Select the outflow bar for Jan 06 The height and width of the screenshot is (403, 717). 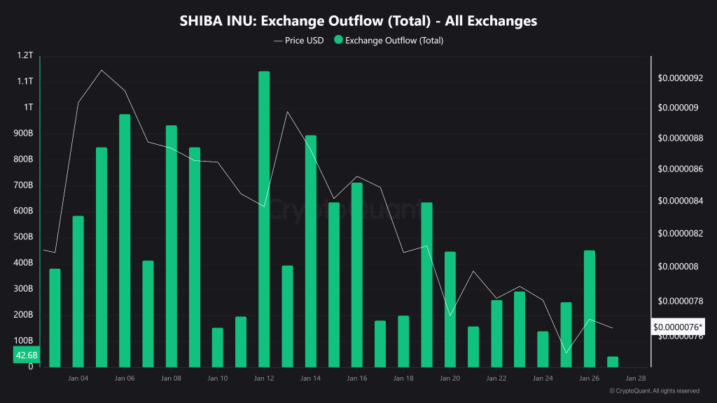[125, 241]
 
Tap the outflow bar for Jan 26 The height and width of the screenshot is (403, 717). [589, 309]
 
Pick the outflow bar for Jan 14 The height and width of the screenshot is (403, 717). [311, 251]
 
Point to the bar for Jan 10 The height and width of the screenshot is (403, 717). [217, 347]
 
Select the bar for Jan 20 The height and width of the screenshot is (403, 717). [450, 309]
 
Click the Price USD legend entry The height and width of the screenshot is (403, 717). [299, 41]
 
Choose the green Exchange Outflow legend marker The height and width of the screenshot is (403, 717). [339, 41]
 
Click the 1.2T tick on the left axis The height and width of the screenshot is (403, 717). [25, 55]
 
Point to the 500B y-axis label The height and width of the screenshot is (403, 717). [23, 237]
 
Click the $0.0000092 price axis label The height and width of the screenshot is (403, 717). [680, 78]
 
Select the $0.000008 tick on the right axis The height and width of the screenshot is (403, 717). [678, 267]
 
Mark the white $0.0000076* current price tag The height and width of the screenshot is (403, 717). [678, 327]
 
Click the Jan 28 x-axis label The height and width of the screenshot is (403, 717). [635, 379]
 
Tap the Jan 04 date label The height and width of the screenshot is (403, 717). [78, 379]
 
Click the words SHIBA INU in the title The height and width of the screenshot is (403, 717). [217, 21]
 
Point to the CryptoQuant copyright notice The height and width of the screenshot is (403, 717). [655, 391]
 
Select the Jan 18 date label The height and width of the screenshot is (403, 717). [403, 379]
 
